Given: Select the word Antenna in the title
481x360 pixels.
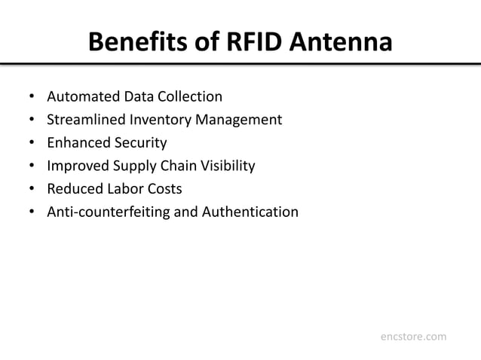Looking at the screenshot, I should (x=349, y=42).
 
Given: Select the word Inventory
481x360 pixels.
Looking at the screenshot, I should (x=161, y=119).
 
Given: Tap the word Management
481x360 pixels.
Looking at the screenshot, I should (x=239, y=119).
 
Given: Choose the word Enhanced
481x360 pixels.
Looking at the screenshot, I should (x=78, y=142).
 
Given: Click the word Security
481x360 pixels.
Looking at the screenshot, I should (x=140, y=142).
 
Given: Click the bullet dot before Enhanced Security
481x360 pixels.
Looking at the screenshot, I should (x=32, y=143).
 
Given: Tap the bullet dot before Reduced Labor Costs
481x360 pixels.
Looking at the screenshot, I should (x=32, y=189).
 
